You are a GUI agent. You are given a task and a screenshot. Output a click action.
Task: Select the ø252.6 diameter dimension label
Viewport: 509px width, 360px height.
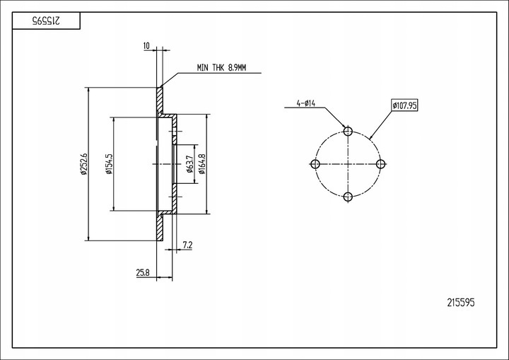(x=84, y=163)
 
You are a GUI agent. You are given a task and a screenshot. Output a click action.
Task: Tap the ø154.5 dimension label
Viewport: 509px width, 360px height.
(x=109, y=163)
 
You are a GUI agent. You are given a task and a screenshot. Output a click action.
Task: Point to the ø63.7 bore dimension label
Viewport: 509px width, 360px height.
(x=189, y=163)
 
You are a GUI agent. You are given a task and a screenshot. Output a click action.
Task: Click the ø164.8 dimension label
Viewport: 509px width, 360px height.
(x=201, y=163)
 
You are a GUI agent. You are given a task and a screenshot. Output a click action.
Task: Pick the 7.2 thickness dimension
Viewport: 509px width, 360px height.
(x=187, y=245)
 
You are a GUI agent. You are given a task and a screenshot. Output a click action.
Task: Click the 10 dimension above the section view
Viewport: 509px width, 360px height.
(x=146, y=46)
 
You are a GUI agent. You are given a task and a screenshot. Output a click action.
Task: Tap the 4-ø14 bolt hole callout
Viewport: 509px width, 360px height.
(x=305, y=104)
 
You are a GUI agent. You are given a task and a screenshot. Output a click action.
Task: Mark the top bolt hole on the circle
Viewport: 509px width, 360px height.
(x=348, y=132)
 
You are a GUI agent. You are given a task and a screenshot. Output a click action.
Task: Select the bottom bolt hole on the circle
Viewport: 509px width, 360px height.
(x=348, y=197)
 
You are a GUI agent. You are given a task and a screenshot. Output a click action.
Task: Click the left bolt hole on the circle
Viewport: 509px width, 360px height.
(x=316, y=164)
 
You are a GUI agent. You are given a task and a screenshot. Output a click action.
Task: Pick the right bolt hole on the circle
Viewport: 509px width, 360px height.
(x=380, y=164)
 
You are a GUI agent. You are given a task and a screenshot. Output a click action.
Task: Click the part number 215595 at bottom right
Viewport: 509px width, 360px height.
(x=461, y=302)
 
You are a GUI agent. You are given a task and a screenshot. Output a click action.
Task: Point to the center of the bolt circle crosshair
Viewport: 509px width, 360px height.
(x=348, y=164)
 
